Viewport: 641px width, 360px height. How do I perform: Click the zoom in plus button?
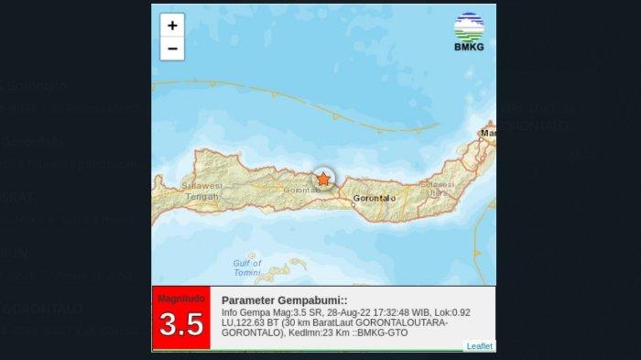[x=172, y=26]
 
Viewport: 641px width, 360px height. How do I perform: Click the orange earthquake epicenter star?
[x=322, y=180]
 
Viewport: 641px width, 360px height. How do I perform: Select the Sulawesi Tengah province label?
[x=204, y=190]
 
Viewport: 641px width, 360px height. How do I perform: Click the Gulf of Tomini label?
[x=247, y=267]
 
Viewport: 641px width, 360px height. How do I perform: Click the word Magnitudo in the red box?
[x=181, y=299]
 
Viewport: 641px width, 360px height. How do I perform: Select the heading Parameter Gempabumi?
[x=284, y=300]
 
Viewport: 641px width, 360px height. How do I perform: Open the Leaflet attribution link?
[x=479, y=345]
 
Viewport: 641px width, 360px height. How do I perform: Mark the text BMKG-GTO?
[x=386, y=333]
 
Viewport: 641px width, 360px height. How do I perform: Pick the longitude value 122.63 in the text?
[x=250, y=322]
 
